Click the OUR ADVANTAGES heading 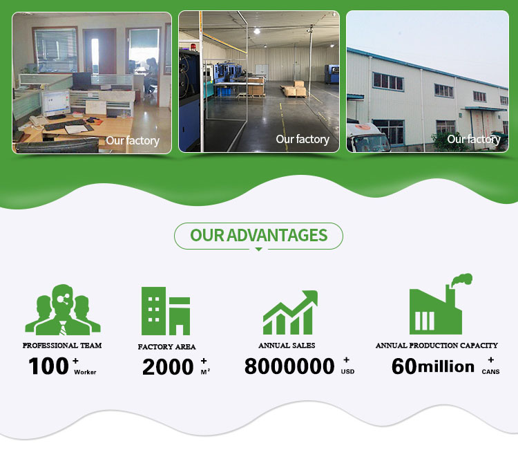(259, 235)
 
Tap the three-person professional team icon (63, 310)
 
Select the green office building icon (166, 311)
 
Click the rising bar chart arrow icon (290, 312)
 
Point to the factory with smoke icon (441, 304)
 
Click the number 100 (48, 366)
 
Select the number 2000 (168, 367)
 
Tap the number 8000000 (289, 366)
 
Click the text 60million (433, 366)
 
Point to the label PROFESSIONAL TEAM (62, 345)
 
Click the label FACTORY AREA (166, 346)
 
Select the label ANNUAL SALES (287, 345)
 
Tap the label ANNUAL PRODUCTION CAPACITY (437, 345)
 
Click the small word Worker (85, 372)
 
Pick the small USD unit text (347, 372)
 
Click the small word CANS (490, 372)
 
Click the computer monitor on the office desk (55, 103)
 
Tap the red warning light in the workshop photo (193, 46)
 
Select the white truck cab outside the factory (367, 138)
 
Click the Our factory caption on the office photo (133, 140)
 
